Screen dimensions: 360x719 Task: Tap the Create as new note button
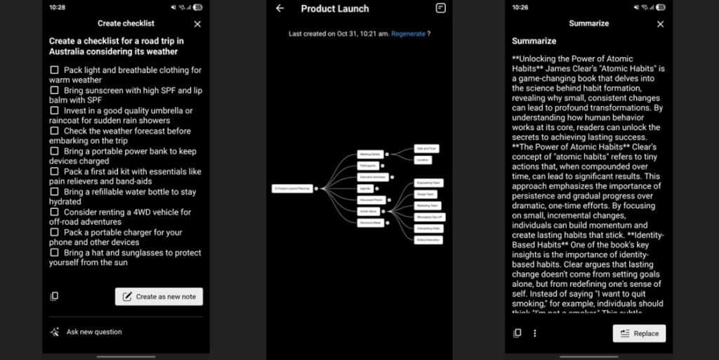point(159,297)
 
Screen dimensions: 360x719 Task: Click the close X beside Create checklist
point(197,24)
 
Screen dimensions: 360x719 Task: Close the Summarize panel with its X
point(660,24)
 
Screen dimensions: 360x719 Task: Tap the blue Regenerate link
point(408,34)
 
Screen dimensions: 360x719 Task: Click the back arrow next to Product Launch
point(280,8)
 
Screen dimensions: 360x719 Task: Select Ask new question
point(93,332)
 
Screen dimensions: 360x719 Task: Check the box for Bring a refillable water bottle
point(54,192)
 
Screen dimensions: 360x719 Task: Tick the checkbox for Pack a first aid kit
point(54,172)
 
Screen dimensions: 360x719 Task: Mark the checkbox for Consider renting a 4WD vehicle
point(54,212)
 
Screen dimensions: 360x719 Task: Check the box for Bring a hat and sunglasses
point(54,253)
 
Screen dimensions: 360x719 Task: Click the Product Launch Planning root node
point(291,188)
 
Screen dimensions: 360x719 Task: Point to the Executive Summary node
point(372,177)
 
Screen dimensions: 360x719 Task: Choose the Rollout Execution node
point(428,240)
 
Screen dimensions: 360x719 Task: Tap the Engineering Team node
point(428,183)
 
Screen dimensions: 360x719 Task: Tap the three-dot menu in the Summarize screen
point(534,333)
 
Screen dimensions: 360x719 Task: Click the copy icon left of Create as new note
point(54,297)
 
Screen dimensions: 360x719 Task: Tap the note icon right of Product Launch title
point(440,8)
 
